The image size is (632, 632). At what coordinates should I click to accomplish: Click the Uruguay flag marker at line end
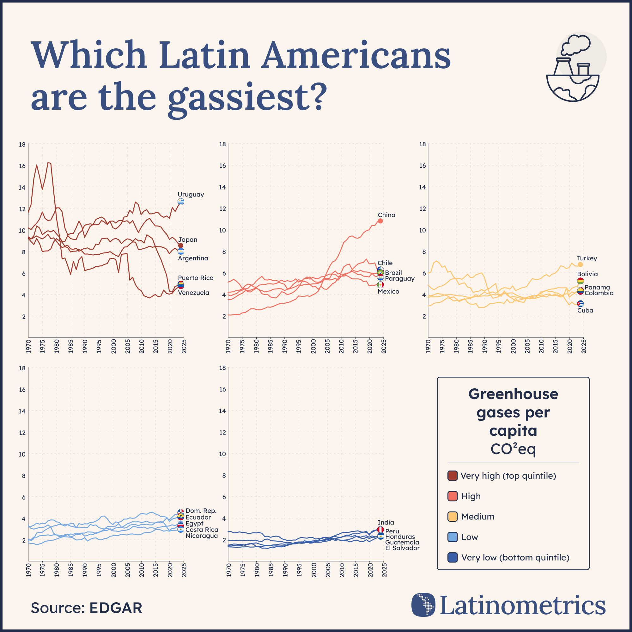pyautogui.click(x=180, y=202)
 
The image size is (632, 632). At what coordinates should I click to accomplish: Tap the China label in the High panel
pyautogui.click(x=386, y=215)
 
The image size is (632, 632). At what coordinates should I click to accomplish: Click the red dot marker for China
pyautogui.click(x=380, y=221)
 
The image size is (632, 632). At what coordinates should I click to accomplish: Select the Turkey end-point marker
pyautogui.click(x=580, y=264)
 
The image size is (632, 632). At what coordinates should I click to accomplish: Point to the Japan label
pyautogui.click(x=187, y=240)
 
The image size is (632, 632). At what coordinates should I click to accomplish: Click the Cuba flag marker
pyautogui.click(x=580, y=304)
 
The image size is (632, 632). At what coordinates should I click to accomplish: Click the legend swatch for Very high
pyautogui.click(x=453, y=476)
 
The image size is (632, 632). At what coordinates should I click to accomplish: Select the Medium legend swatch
pyautogui.click(x=453, y=517)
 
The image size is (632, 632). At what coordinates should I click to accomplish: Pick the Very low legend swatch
pyautogui.click(x=453, y=557)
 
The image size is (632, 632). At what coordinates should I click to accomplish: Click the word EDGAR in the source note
pyautogui.click(x=115, y=608)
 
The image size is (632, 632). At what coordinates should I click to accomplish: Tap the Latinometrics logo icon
pyautogui.click(x=423, y=605)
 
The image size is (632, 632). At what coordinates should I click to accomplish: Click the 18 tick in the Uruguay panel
pyautogui.click(x=22, y=144)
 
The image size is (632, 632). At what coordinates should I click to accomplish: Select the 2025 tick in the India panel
pyautogui.click(x=384, y=569)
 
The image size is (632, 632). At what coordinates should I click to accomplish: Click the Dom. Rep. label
pyautogui.click(x=201, y=511)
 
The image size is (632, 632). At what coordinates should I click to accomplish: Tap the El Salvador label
pyautogui.click(x=402, y=548)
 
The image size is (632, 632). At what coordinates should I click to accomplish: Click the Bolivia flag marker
pyautogui.click(x=580, y=281)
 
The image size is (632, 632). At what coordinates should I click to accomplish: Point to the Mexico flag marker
pyautogui.click(x=380, y=285)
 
